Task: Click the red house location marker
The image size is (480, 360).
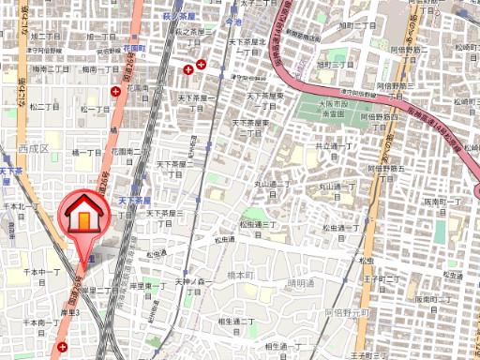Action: tap(83, 218)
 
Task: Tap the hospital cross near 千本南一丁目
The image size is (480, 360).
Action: tap(62, 346)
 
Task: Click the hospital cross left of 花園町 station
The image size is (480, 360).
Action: tap(115, 91)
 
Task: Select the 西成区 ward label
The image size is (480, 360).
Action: tap(31, 148)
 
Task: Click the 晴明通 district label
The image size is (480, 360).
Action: tap(302, 282)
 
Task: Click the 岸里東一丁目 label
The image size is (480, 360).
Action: tap(149, 288)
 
